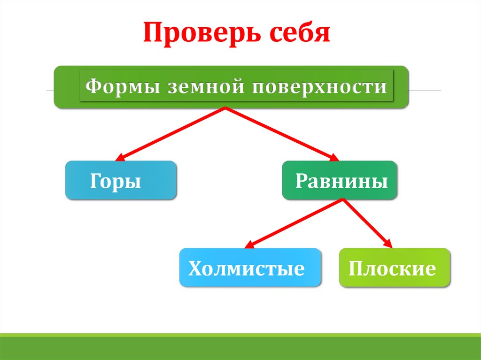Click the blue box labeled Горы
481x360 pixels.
121,181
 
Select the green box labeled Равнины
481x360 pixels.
339,181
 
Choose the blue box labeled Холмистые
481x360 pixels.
250,268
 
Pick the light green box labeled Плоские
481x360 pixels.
394,268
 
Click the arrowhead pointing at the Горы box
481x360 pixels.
120,158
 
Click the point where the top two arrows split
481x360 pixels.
226,107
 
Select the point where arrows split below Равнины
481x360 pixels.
343,199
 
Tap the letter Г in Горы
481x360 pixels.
94,181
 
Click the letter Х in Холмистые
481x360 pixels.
194,269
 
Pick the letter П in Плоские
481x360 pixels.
355,269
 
